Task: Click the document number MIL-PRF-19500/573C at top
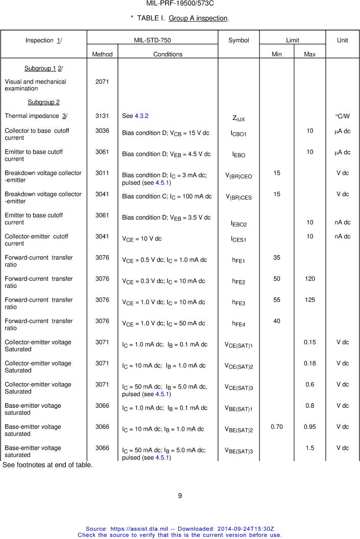click(x=180, y=4)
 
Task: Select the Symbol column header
click(x=238, y=40)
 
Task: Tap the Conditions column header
click(x=167, y=54)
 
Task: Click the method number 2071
click(x=102, y=82)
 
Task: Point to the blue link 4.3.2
click(x=141, y=116)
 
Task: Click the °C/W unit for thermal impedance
click(x=343, y=116)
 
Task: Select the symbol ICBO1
click(x=238, y=134)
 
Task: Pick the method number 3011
click(x=102, y=173)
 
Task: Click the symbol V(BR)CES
click(x=238, y=197)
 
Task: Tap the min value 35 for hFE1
click(x=277, y=258)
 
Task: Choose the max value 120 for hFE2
click(x=309, y=279)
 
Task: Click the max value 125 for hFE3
click(x=309, y=300)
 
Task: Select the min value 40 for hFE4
click(x=277, y=321)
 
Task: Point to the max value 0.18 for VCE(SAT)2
click(x=309, y=363)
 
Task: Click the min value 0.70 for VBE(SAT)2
click(x=277, y=427)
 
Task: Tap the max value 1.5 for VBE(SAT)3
click(x=309, y=448)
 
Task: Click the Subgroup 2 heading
click(x=43, y=102)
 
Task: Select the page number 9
click(x=180, y=495)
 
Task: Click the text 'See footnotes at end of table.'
click(x=47, y=465)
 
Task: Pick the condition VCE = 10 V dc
click(x=141, y=239)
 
